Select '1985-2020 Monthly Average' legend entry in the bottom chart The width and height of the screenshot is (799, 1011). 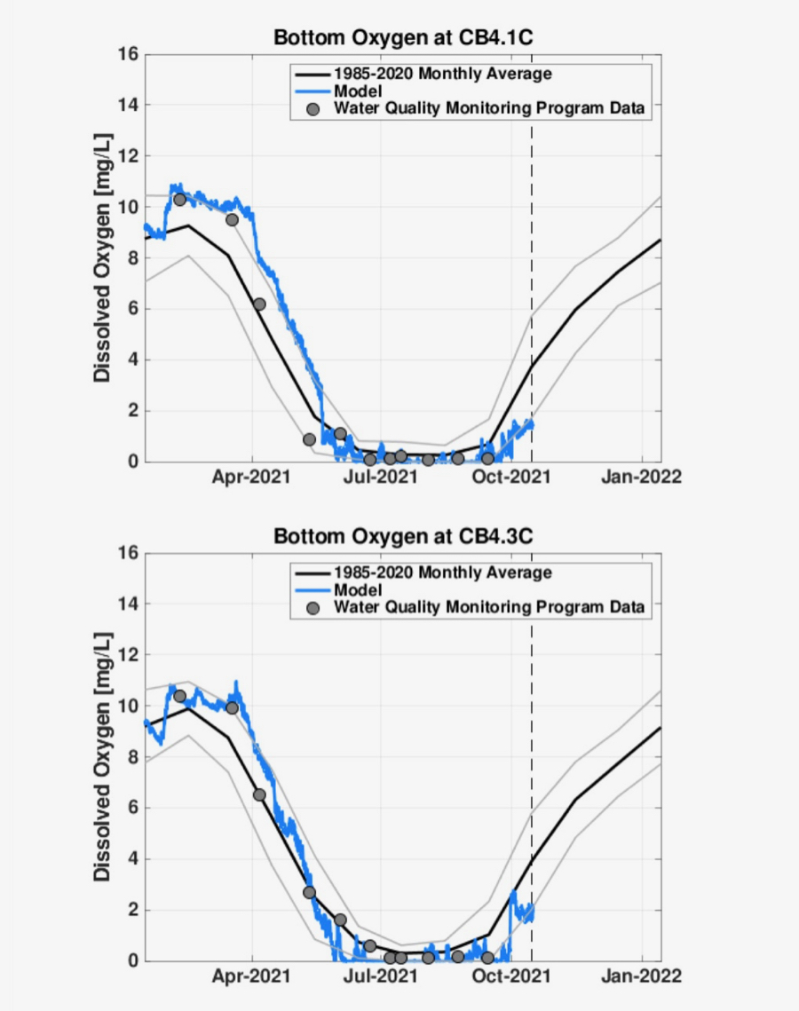coord(442,573)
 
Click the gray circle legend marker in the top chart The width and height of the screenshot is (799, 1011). coord(312,109)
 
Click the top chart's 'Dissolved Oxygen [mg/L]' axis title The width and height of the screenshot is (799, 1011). coord(103,257)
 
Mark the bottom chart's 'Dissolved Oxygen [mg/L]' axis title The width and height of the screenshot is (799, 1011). coord(103,756)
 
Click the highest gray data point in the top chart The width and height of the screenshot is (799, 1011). coord(179,200)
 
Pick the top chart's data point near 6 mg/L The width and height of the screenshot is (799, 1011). coord(259,304)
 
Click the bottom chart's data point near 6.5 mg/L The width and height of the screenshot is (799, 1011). coord(259,794)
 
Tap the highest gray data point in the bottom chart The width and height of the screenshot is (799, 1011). coord(179,696)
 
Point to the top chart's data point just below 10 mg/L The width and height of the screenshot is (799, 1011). coord(232,219)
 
